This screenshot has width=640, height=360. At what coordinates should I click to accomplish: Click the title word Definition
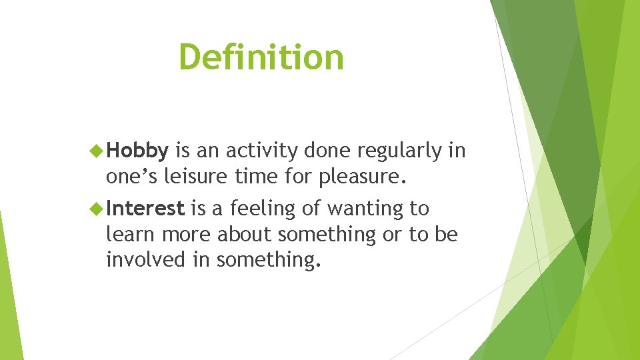(261, 57)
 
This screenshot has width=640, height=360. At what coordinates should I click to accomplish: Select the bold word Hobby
(137, 152)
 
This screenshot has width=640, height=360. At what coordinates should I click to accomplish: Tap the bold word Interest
(145, 209)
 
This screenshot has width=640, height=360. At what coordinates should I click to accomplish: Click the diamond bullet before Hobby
(97, 151)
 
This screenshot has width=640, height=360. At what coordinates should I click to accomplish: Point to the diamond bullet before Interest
(97, 209)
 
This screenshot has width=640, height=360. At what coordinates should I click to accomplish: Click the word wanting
(364, 209)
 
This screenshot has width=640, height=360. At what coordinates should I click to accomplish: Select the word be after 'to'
(446, 235)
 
